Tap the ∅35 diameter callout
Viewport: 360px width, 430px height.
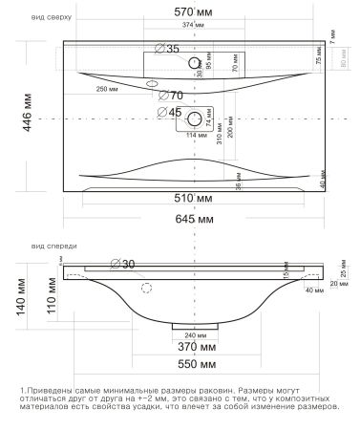point(166,48)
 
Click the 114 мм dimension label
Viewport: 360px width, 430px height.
point(194,135)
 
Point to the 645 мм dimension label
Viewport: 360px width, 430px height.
point(194,221)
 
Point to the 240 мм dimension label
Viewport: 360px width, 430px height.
point(194,336)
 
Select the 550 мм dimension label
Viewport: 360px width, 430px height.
point(194,367)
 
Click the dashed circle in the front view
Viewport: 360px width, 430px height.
point(146,287)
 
